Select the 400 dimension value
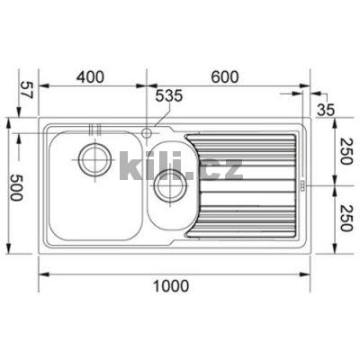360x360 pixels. click(91, 77)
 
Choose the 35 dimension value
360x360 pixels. click(326, 109)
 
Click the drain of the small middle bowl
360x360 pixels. click(167, 187)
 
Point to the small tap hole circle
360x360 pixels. click(146, 133)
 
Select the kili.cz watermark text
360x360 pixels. click(180, 166)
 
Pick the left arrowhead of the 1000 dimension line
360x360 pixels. click(43, 273)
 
